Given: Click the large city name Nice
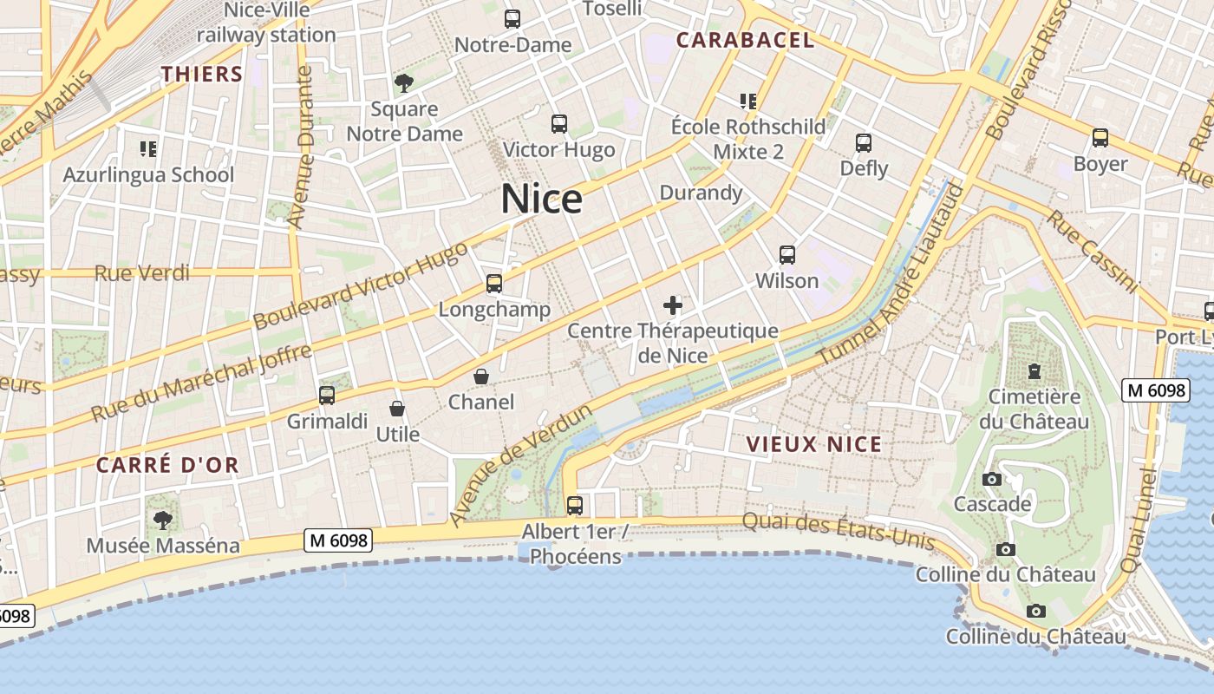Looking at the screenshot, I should (x=542, y=200).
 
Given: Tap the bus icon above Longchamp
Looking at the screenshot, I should (x=494, y=284).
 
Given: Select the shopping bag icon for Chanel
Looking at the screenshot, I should (x=481, y=376).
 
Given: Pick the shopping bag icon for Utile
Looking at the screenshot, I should (x=397, y=409).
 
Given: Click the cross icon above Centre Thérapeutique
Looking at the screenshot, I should (x=673, y=305).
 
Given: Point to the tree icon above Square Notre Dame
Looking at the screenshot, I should (x=403, y=83).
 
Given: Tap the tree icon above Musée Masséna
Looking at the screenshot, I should (x=162, y=520).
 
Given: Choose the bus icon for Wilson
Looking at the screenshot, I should (x=787, y=255).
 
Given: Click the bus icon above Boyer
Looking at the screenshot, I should (x=1100, y=138).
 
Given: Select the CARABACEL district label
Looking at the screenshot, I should (x=746, y=40).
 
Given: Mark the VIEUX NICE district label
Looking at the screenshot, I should (x=814, y=445).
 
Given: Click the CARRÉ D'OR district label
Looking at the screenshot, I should (x=167, y=465).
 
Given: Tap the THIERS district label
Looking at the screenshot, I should (x=202, y=74).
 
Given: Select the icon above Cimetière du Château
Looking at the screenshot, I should (x=1035, y=371).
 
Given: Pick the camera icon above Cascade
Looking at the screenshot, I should (x=992, y=479).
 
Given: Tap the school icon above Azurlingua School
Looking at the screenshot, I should (x=148, y=149).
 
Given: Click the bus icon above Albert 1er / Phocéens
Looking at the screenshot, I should (x=574, y=505).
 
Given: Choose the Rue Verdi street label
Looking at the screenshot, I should (x=142, y=273).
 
